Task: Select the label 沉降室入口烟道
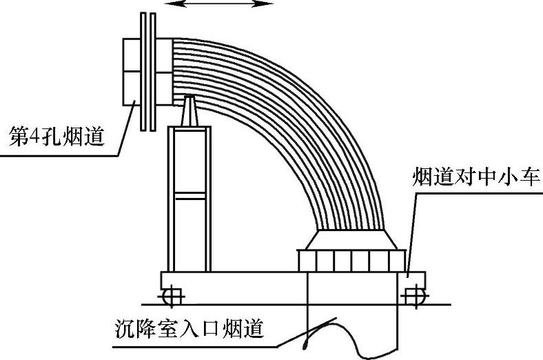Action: tap(189, 330)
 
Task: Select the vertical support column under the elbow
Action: tap(187, 200)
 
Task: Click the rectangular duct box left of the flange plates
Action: tap(132, 72)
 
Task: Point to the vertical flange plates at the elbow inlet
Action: tap(147, 72)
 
